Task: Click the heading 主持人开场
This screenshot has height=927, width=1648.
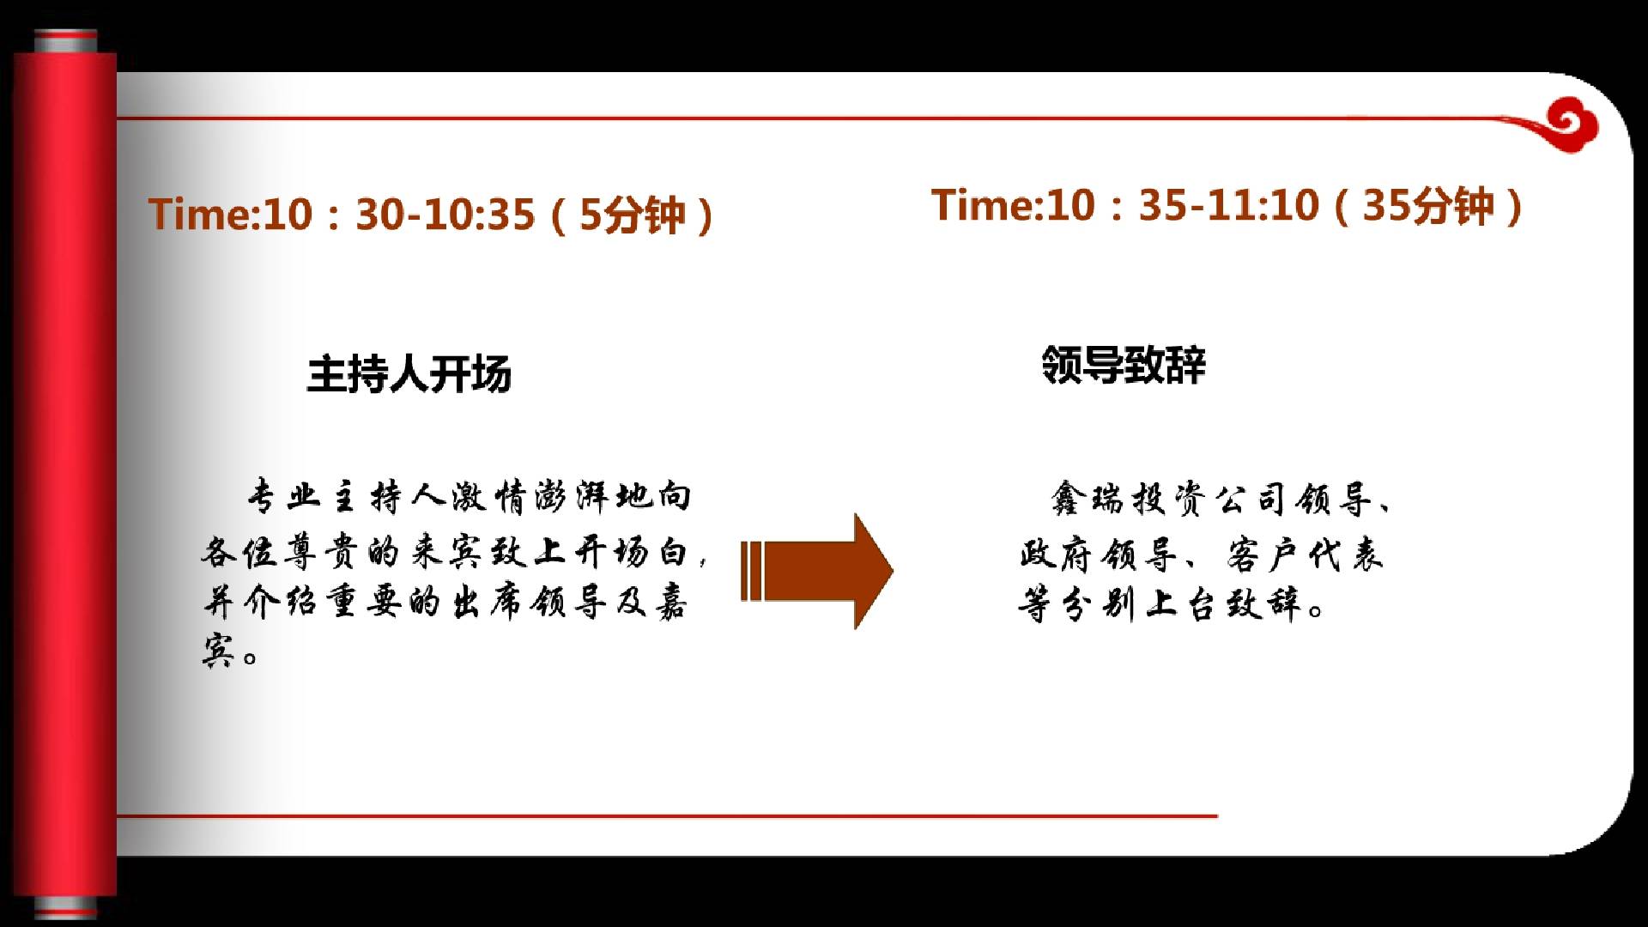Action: (x=409, y=374)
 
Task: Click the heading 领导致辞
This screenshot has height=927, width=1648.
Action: (x=1124, y=365)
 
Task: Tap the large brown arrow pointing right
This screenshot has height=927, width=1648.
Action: (x=817, y=571)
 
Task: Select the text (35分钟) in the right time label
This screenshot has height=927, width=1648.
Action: (x=1428, y=206)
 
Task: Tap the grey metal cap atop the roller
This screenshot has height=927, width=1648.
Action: (x=65, y=40)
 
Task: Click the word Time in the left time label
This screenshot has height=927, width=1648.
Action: (x=198, y=214)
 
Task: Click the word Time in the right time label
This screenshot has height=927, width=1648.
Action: (x=982, y=205)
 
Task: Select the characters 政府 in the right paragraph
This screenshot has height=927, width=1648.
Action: (x=1055, y=554)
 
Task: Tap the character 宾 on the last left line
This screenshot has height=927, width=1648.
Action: (x=219, y=651)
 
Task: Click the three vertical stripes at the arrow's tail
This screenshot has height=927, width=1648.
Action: (x=751, y=571)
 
